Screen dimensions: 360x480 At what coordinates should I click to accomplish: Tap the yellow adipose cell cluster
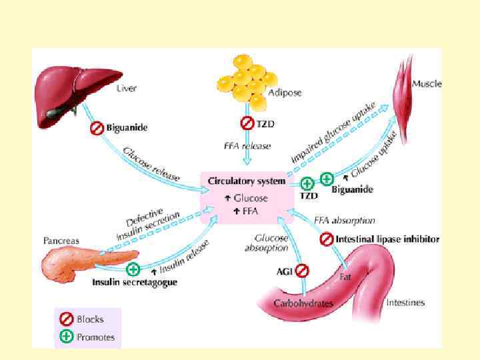pyautogui.click(x=246, y=80)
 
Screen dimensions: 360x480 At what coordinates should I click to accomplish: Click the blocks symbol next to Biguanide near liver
pyautogui.click(x=96, y=128)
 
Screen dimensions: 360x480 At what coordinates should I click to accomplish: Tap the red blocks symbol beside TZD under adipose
pyautogui.click(x=246, y=123)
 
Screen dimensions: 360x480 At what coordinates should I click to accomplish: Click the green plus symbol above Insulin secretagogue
pyautogui.click(x=133, y=269)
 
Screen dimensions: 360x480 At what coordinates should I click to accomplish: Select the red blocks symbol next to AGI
pyautogui.click(x=301, y=271)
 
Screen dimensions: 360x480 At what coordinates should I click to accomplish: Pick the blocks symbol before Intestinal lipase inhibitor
pyautogui.click(x=326, y=239)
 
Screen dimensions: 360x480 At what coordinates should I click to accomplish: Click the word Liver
pyautogui.click(x=127, y=88)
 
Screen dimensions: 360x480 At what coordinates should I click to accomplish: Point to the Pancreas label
pyautogui.click(x=61, y=240)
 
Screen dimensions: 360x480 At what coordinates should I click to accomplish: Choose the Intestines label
pyautogui.click(x=406, y=303)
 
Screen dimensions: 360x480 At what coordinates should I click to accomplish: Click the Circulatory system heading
pyautogui.click(x=247, y=181)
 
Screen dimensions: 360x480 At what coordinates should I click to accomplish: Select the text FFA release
pyautogui.click(x=246, y=144)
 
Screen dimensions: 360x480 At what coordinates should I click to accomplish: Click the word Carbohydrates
pyautogui.click(x=303, y=303)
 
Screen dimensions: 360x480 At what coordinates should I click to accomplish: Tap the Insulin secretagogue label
pyautogui.click(x=134, y=283)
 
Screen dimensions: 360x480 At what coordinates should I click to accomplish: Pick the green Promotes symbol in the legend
pyautogui.click(x=67, y=336)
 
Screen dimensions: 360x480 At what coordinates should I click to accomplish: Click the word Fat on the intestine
pyautogui.click(x=345, y=275)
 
